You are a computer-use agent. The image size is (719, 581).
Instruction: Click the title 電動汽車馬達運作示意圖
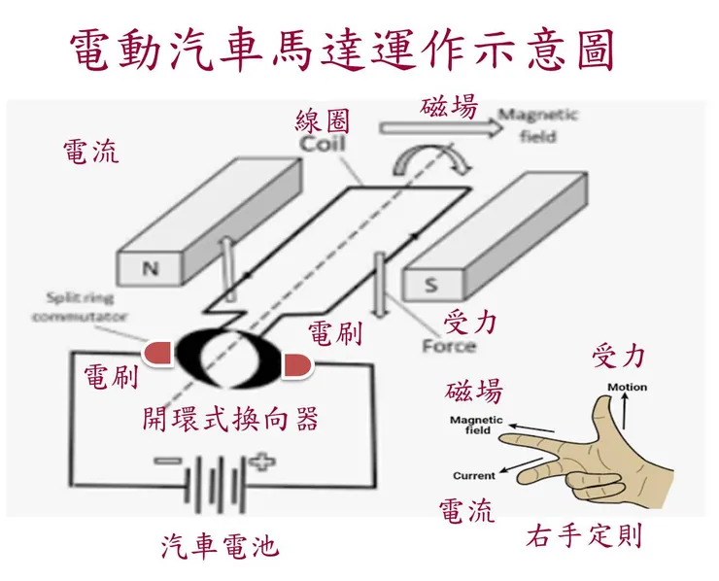(x=343, y=50)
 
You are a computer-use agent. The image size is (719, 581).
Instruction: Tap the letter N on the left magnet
(x=151, y=269)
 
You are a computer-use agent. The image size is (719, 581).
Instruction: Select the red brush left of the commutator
(x=159, y=355)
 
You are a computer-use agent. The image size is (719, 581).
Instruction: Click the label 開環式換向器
(x=229, y=419)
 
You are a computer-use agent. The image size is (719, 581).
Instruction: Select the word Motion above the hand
(x=627, y=388)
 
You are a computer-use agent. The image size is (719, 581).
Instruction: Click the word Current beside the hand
(x=474, y=476)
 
